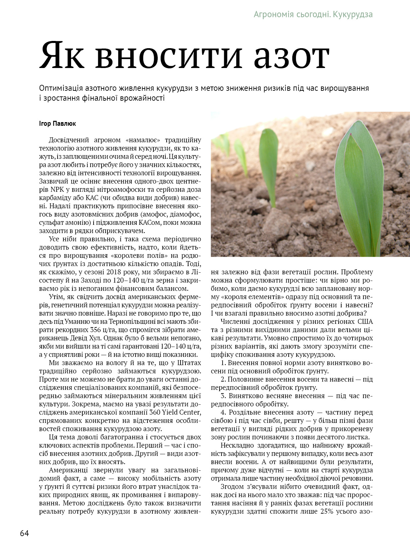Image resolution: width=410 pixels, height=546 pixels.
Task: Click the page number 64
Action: (24, 533)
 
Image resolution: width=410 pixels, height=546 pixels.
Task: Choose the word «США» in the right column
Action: (365, 322)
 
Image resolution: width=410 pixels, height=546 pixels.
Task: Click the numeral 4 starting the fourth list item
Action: (223, 412)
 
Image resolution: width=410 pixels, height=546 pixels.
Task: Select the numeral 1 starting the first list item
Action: (223, 363)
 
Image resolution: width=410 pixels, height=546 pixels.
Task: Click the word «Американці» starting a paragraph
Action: (68, 470)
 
